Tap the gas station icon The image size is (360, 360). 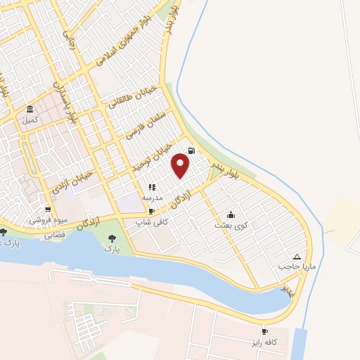[x=192, y=150]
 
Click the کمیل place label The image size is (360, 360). [x=30, y=120]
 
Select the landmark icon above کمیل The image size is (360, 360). [x=30, y=110]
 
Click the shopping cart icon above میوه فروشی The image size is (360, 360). [x=47, y=210]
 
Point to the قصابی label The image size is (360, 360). [x=56, y=235]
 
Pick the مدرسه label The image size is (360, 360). [x=153, y=198]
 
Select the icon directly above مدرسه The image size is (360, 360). [x=152, y=187]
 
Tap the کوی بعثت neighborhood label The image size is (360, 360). [x=231, y=226]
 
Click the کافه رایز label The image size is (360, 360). [x=265, y=342]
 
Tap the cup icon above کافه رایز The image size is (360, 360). [x=265, y=331]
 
